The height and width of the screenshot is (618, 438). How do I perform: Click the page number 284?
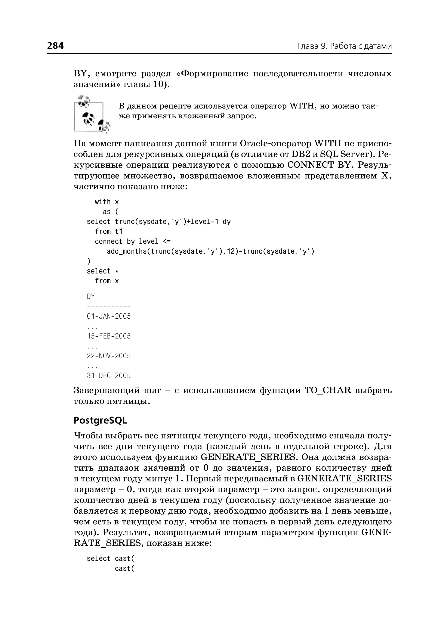click(55, 46)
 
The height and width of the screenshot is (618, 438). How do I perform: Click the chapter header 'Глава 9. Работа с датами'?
click(344, 46)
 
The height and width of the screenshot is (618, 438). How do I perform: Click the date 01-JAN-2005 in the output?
click(109, 316)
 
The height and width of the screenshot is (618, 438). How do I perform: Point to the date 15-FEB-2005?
click(109, 336)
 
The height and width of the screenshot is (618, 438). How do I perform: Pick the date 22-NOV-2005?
click(109, 356)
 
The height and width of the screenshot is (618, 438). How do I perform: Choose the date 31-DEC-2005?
click(109, 375)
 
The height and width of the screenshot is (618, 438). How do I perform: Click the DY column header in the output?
click(91, 296)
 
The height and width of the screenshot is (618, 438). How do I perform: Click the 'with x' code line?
click(107, 202)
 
